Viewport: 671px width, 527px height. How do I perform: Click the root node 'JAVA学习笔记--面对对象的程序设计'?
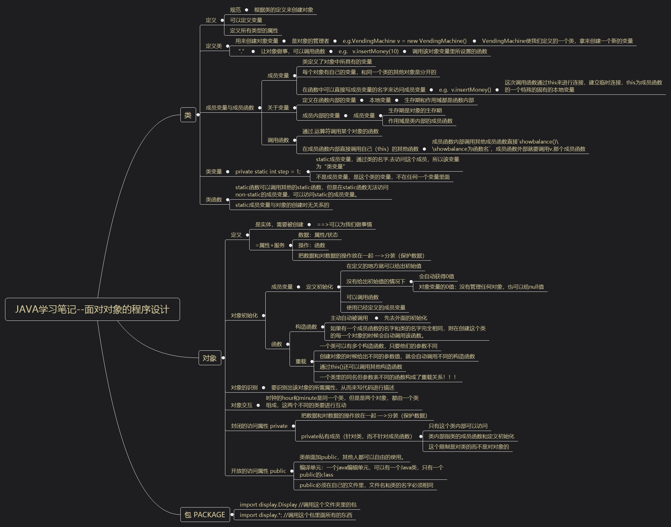tap(92, 309)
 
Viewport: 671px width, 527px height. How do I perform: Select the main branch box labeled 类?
tap(188, 115)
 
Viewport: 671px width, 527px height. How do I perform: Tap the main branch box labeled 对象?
tap(210, 358)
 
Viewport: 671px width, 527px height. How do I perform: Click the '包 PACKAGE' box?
tap(205, 515)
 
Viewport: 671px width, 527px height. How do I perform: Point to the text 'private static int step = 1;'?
tap(268, 172)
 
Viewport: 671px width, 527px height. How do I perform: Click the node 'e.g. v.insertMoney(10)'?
tap(368, 51)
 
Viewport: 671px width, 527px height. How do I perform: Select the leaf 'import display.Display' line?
tap(298, 505)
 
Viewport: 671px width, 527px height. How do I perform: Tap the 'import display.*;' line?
tap(296, 515)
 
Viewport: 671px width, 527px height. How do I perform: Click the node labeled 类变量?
tap(214, 172)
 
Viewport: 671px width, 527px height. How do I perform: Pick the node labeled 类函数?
tap(214, 200)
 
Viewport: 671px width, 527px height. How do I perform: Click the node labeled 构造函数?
tap(306, 327)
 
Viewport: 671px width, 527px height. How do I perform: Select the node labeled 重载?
tap(301, 361)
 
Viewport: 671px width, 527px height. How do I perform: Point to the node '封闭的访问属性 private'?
tap(259, 426)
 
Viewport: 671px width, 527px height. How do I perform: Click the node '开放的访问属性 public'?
tap(258, 471)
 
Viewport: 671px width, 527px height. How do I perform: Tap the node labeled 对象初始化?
tap(244, 315)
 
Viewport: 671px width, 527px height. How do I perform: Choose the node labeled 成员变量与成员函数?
tap(230, 108)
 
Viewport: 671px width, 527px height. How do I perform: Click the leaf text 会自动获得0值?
tap(436, 276)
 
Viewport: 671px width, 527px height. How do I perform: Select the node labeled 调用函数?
tap(278, 140)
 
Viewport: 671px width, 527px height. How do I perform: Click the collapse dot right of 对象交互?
tap(258, 405)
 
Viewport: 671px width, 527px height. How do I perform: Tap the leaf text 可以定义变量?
tap(246, 20)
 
